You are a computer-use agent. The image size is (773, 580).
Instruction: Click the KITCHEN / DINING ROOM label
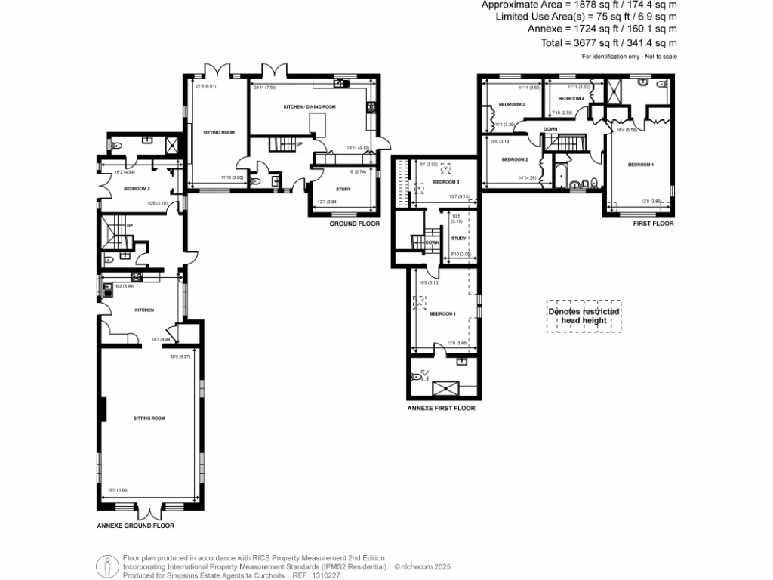click(310, 107)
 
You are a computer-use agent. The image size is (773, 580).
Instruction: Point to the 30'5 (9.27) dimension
click(181, 357)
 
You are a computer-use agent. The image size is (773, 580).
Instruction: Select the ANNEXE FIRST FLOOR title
click(441, 408)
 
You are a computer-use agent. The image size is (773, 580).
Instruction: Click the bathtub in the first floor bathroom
click(559, 178)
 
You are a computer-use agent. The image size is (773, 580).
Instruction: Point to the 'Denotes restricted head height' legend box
click(584, 316)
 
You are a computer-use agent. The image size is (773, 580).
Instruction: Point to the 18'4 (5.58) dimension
click(627, 130)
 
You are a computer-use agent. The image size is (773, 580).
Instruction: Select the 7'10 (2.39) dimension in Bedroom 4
click(562, 113)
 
